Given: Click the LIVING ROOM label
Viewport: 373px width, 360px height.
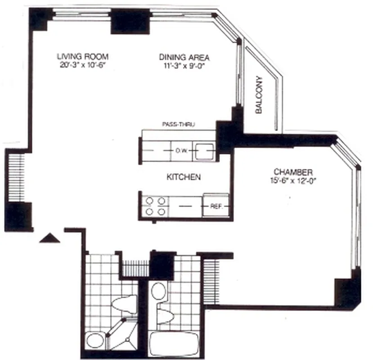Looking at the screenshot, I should [x=83, y=57].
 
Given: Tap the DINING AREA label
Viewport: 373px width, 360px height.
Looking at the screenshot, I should [x=184, y=57].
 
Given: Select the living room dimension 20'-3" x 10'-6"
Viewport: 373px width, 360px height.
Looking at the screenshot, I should [x=83, y=65].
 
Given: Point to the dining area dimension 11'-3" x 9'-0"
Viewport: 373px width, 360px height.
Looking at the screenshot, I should [x=184, y=65].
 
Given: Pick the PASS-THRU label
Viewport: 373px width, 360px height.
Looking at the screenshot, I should [x=178, y=125].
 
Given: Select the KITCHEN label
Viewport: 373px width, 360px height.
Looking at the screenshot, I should [x=184, y=177].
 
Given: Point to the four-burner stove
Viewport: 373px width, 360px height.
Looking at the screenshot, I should [x=154, y=206].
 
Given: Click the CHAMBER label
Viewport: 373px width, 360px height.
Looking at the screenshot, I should [x=293, y=173].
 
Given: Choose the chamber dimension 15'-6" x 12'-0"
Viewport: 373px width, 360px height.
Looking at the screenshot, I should [x=293, y=181].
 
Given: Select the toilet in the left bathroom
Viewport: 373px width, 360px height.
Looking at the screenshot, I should [x=124, y=305].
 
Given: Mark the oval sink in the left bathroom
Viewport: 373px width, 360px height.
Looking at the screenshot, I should [x=94, y=340].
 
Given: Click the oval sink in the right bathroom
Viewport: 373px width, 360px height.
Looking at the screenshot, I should [x=158, y=291].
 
